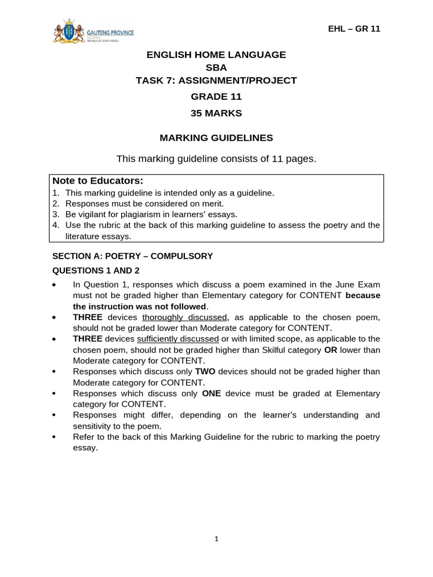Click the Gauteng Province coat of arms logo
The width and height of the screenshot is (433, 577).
[67, 32]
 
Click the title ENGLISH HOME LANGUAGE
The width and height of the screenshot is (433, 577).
[216, 55]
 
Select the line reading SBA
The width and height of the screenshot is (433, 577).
[216, 68]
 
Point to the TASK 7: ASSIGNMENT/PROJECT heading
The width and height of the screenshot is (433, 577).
[216, 81]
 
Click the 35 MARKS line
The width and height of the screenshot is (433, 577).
[216, 113]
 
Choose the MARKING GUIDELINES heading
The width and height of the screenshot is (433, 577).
[216, 137]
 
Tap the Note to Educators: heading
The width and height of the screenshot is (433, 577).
[98, 181]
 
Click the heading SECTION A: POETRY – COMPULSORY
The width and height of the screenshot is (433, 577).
[132, 256]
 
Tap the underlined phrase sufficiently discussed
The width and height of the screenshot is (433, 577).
[178, 339]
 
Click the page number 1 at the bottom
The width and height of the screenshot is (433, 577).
[216, 539]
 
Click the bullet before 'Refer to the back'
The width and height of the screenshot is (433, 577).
[54, 437]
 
